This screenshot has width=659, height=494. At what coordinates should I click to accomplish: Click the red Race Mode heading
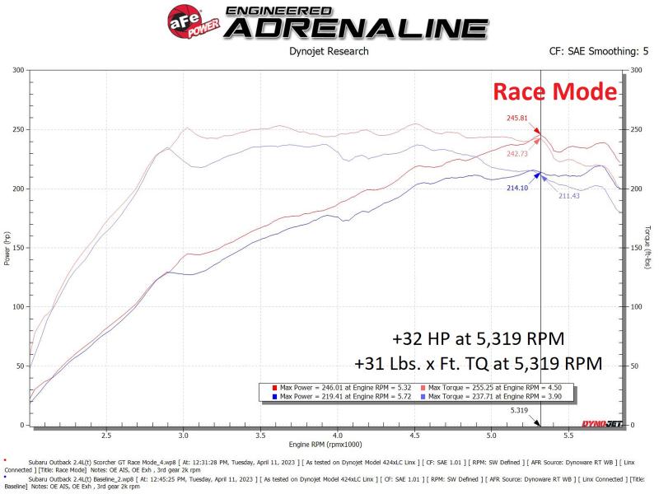(x=554, y=91)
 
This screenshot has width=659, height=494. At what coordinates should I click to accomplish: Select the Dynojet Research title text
(x=329, y=51)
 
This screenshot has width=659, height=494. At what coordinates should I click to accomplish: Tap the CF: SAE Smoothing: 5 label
(x=599, y=51)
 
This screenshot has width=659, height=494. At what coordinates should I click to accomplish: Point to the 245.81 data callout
(x=516, y=118)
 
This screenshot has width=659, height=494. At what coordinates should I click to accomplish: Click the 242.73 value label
(x=518, y=153)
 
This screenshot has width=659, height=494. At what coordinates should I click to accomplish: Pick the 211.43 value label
(x=569, y=196)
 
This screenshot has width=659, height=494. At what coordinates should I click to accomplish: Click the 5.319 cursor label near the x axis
(x=519, y=409)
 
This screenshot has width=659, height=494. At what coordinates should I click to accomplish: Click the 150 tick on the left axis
(x=17, y=248)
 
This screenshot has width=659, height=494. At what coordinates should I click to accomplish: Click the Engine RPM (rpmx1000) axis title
(x=329, y=444)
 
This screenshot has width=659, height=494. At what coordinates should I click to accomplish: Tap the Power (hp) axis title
(x=7, y=248)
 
